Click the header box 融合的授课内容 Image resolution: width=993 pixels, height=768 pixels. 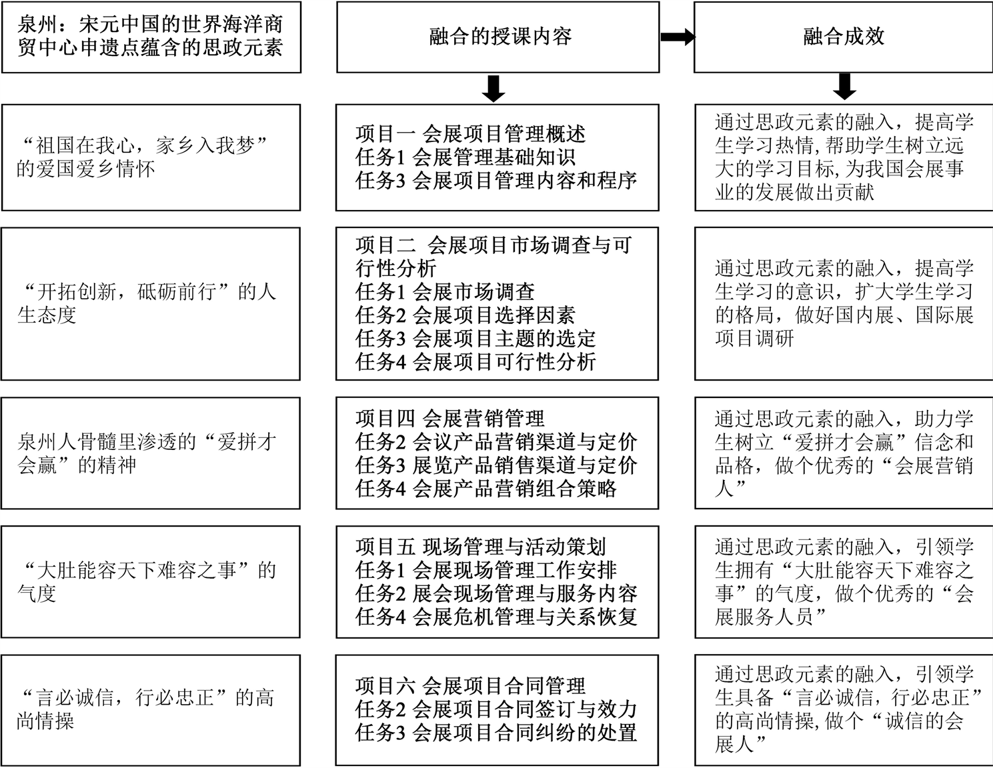[x=498, y=37]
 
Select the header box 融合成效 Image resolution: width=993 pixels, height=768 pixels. [x=843, y=37]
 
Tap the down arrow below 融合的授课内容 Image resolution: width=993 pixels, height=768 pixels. [x=493, y=88]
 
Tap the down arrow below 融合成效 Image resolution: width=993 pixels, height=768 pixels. [x=845, y=86]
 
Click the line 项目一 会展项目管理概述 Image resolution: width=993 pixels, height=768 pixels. [x=470, y=134]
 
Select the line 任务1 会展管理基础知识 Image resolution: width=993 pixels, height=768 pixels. [x=465, y=157]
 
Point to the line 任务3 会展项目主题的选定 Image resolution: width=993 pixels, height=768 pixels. [x=475, y=338]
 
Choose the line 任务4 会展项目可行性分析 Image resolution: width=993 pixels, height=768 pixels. [x=475, y=361]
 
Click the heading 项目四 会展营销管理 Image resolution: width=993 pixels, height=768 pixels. [x=449, y=419]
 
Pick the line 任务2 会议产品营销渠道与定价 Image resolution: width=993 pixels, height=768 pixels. [x=495, y=442]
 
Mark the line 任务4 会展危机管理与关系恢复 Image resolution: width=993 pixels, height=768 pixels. [x=495, y=616]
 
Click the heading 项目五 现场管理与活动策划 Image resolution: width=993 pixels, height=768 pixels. [x=480, y=547]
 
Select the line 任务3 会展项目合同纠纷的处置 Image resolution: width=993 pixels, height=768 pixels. [x=495, y=732]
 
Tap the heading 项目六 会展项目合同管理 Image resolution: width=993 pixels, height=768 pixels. [x=470, y=685]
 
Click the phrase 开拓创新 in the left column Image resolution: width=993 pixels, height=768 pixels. [x=75, y=292]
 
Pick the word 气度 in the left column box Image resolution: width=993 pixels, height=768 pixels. [x=37, y=593]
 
